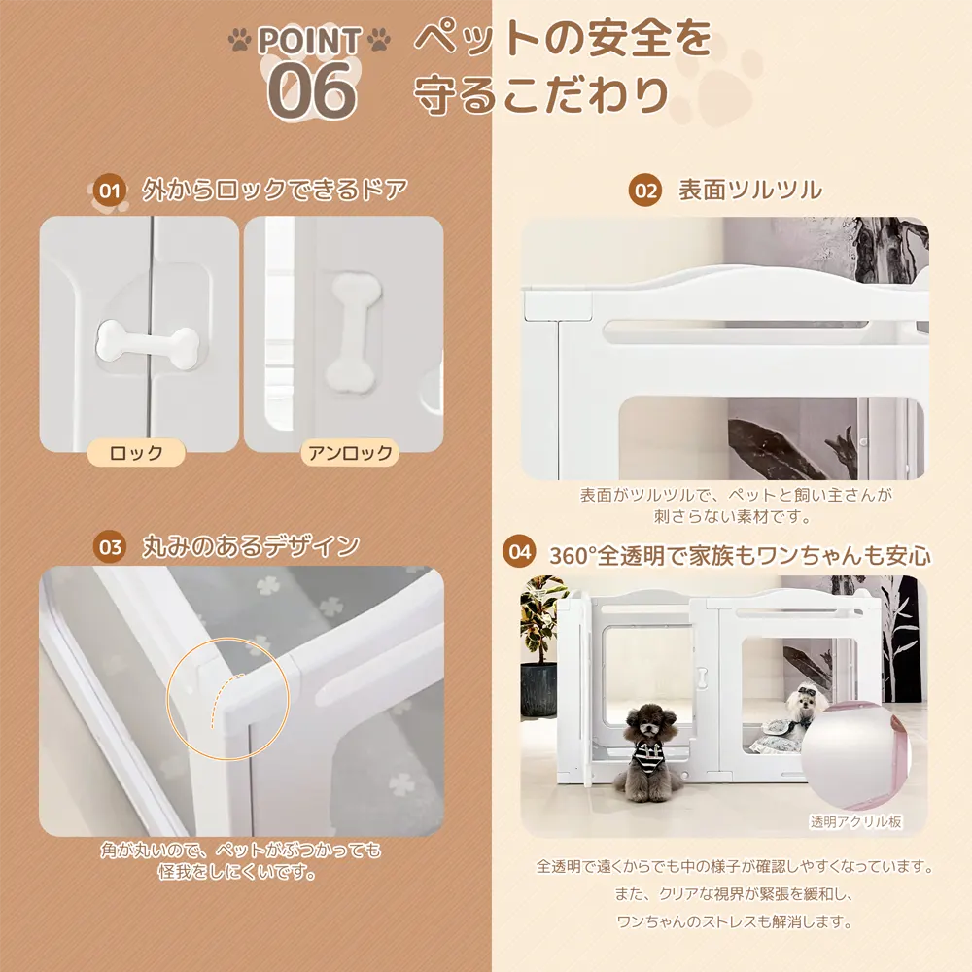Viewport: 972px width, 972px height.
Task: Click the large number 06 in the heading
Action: pyautogui.click(x=312, y=90)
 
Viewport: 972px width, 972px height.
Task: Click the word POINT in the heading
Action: pyautogui.click(x=309, y=41)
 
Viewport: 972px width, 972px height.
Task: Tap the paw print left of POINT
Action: pyautogui.click(x=239, y=40)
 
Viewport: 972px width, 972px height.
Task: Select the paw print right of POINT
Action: pyautogui.click(x=379, y=40)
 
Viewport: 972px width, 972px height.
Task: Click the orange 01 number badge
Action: pyautogui.click(x=110, y=191)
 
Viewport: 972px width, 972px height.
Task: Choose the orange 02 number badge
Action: pyautogui.click(x=645, y=190)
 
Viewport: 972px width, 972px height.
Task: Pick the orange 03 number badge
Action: pyautogui.click(x=110, y=546)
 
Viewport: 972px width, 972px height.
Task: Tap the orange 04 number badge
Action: pyautogui.click(x=519, y=551)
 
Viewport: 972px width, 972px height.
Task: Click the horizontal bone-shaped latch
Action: pyautogui.click(x=148, y=340)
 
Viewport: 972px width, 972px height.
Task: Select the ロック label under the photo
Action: pyautogui.click(x=136, y=453)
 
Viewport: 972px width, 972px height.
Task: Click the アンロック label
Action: pyautogui.click(x=350, y=453)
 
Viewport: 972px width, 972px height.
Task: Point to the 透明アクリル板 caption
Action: pyautogui.click(x=855, y=822)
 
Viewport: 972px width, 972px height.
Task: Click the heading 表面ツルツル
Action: pyautogui.click(x=750, y=190)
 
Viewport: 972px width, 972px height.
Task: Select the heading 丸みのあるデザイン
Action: pyautogui.click(x=251, y=546)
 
